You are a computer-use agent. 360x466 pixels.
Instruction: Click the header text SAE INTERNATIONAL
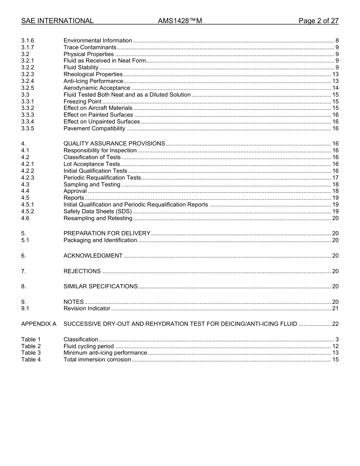click(57, 21)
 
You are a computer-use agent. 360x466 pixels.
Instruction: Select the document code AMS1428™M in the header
click(180, 21)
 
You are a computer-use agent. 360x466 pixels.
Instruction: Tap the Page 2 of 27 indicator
click(318, 21)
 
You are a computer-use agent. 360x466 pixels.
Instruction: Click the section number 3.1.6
click(28, 41)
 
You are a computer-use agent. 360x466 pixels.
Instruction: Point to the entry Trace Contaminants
click(90, 47)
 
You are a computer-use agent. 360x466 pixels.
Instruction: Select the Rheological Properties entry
click(93, 74)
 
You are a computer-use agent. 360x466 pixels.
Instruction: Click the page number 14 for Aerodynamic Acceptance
click(335, 88)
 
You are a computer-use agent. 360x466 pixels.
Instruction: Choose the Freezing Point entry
click(82, 102)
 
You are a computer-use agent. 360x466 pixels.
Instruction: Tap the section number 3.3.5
click(28, 128)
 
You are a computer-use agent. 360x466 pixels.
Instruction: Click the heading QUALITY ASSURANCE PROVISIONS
click(114, 144)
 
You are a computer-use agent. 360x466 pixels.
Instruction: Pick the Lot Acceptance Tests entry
click(91, 164)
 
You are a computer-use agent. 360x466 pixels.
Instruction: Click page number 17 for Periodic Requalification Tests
click(335, 178)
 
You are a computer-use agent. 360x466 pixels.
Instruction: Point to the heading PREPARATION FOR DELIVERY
click(107, 233)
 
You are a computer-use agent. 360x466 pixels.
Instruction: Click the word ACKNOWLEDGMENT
click(93, 256)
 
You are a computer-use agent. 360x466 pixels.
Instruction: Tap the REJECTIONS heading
click(82, 271)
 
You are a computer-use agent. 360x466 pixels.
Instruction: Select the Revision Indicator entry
click(87, 308)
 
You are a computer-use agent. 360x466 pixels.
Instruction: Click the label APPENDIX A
click(39, 324)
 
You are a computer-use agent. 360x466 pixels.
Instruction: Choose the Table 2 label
click(31, 346)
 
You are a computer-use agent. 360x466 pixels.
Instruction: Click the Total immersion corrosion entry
click(97, 360)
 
